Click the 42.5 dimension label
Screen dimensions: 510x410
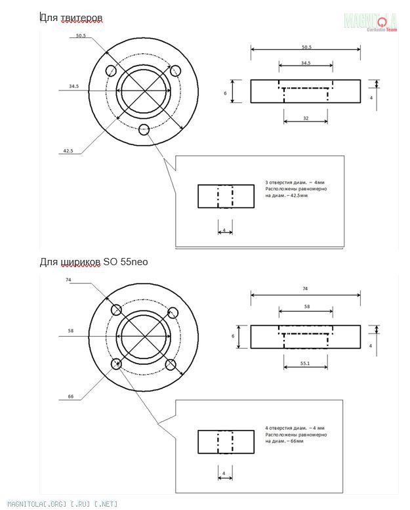[x=68, y=151]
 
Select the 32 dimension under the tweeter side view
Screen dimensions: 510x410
[x=306, y=118]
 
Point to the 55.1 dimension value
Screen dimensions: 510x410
[x=306, y=362]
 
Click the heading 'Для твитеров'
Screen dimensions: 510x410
[x=72, y=17]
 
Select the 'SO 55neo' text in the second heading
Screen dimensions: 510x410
[x=126, y=262]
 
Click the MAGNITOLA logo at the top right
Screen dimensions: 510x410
[x=371, y=21]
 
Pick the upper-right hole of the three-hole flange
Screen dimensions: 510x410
[x=175, y=70]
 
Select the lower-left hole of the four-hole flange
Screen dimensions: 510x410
[x=117, y=364]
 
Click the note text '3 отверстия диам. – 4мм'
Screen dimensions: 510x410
[x=295, y=182]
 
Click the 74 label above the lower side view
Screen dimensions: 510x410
[x=306, y=288]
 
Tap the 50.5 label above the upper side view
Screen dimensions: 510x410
[x=306, y=47]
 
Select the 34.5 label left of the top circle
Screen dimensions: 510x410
[x=73, y=86]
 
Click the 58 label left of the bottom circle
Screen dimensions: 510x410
[x=70, y=331]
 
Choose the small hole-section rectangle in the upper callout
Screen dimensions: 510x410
[x=226, y=196]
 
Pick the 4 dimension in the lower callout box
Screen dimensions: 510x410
[x=224, y=473]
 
